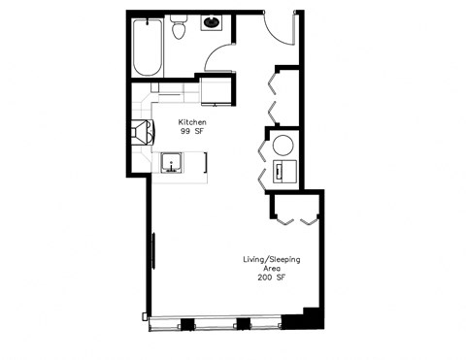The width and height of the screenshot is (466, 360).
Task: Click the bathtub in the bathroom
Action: pos(148,49)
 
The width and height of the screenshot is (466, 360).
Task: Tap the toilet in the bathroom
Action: pos(178,30)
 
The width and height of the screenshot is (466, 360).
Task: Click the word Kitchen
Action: pos(190,123)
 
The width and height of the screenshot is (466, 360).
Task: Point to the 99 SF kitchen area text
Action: pos(190,133)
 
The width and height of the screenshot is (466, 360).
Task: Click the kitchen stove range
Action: pos(140,131)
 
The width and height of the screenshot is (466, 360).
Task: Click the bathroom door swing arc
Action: pos(220,54)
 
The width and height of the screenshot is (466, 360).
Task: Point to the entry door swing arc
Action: pos(282,29)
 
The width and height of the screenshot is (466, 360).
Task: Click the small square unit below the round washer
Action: pos(283,173)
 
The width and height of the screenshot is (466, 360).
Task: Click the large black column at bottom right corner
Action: pos(312,316)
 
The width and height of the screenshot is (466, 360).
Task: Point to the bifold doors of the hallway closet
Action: pos(272,97)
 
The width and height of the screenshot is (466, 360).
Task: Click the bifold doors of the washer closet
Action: pos(261,160)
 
